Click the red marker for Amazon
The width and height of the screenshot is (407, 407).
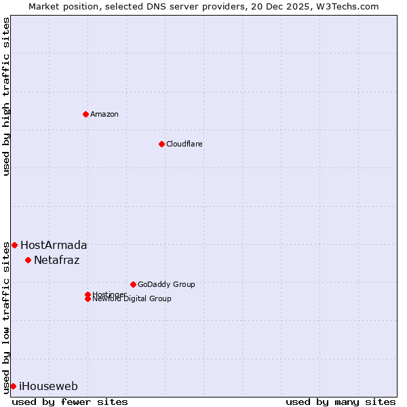tap(85, 114)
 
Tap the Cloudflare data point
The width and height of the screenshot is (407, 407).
tap(161, 144)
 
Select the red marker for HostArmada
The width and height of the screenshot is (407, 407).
tap(14, 245)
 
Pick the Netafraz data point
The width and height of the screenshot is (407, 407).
tap(28, 260)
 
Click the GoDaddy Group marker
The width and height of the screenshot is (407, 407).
tap(133, 284)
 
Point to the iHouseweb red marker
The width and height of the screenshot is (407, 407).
tap(13, 386)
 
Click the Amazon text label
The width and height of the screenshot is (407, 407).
tap(104, 114)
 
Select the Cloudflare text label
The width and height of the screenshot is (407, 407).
tap(184, 144)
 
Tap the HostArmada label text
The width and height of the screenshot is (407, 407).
tap(54, 245)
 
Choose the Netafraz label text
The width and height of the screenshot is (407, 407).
tap(56, 260)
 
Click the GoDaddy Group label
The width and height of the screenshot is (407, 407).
tap(166, 284)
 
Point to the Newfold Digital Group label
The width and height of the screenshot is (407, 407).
tap(132, 299)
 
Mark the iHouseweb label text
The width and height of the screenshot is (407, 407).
tap(48, 386)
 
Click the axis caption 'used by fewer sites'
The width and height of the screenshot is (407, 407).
tap(70, 402)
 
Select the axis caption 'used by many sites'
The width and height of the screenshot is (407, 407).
tap(341, 402)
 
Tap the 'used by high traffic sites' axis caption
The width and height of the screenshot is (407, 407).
tap(6, 97)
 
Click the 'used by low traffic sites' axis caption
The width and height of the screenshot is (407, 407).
tap(6, 317)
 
